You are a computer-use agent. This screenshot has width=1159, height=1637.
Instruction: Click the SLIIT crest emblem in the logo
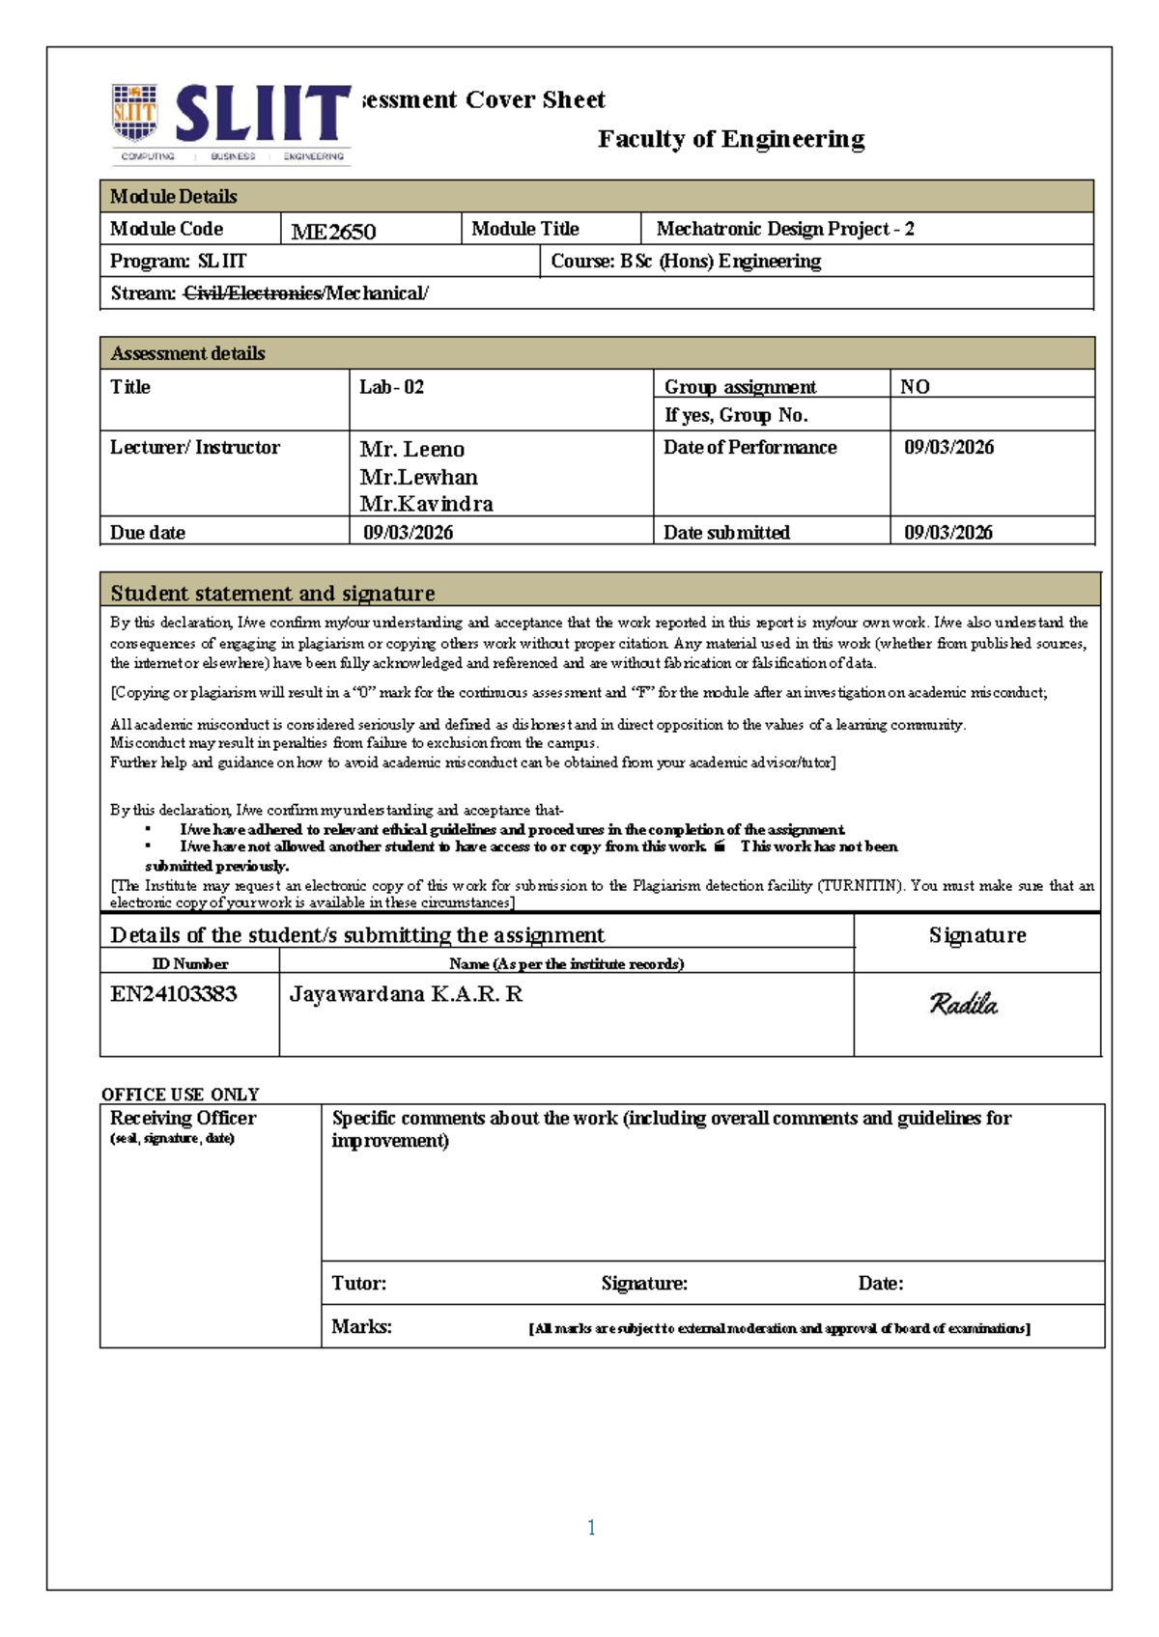coord(134,114)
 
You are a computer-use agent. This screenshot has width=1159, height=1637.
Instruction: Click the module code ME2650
coord(333,232)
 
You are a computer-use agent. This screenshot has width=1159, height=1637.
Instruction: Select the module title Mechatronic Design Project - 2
coord(784,229)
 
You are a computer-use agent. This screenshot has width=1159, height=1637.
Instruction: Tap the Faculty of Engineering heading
coord(731,139)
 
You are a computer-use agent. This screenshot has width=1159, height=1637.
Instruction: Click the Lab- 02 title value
coord(391,387)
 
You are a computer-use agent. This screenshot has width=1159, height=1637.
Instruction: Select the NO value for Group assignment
coord(915,387)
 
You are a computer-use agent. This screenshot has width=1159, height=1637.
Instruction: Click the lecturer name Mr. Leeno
coord(411,449)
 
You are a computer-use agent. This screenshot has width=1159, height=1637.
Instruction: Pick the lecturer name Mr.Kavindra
coord(426,504)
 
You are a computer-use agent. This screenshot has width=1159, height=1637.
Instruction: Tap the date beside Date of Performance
coord(948,447)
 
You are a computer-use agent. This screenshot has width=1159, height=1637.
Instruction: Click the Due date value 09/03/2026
coord(408,533)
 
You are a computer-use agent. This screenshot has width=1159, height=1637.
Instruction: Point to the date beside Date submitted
coord(947,533)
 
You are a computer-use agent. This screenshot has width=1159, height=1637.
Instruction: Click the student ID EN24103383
coord(173,994)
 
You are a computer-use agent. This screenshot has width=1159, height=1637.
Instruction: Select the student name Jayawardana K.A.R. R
coord(406,994)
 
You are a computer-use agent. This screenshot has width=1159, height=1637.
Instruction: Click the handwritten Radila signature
coord(963,1005)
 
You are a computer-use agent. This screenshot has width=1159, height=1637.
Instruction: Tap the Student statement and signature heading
coord(272,593)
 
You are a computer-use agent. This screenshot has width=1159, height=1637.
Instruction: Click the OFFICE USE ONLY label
coord(181,1095)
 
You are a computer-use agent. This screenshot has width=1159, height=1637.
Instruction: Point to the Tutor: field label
coord(358,1284)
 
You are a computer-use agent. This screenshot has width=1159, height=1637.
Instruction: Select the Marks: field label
coord(361,1327)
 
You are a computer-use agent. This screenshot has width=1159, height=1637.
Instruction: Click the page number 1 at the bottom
coord(591,1528)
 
